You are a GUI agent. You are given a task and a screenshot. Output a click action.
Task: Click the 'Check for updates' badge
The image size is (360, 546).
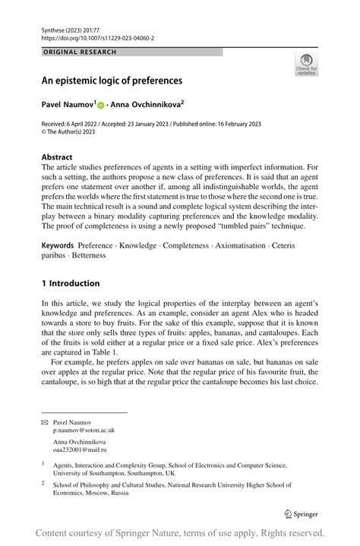pyautogui.click(x=306, y=64)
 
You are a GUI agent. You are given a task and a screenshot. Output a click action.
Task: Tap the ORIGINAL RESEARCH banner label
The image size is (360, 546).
pyautogui.click(x=80, y=52)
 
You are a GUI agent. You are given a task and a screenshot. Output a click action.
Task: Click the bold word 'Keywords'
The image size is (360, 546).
pyautogui.click(x=58, y=245)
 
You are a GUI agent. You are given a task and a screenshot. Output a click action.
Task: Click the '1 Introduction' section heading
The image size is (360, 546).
pyautogui.click(x=71, y=283)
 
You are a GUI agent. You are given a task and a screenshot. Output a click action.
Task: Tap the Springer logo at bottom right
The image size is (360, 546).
pyautogui.click(x=300, y=513)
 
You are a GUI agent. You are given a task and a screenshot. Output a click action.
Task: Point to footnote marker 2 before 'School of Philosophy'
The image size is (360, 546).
pyautogui.click(x=43, y=482)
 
